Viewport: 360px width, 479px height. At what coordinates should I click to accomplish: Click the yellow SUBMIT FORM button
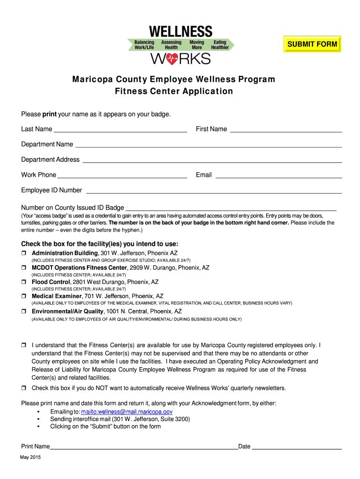point(312,44)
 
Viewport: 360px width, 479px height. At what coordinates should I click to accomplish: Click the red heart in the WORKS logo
point(171,59)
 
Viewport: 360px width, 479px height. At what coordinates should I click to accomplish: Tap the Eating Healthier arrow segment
point(220,45)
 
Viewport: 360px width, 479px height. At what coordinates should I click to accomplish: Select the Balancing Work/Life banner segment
point(144,45)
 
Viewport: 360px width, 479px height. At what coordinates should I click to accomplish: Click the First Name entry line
point(286,130)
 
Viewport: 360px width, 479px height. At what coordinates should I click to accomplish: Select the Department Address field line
point(212,160)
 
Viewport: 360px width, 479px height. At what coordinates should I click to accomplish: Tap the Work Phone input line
point(122,175)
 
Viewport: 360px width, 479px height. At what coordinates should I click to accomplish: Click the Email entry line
point(279,175)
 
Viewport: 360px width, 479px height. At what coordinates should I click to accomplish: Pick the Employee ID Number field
point(214,191)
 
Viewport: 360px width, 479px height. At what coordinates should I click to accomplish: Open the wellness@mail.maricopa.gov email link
point(127,412)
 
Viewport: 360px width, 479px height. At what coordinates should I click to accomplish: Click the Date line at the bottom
point(297,447)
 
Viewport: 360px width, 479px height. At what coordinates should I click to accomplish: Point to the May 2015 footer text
point(30,457)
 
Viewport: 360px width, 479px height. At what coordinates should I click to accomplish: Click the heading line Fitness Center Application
point(174,91)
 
